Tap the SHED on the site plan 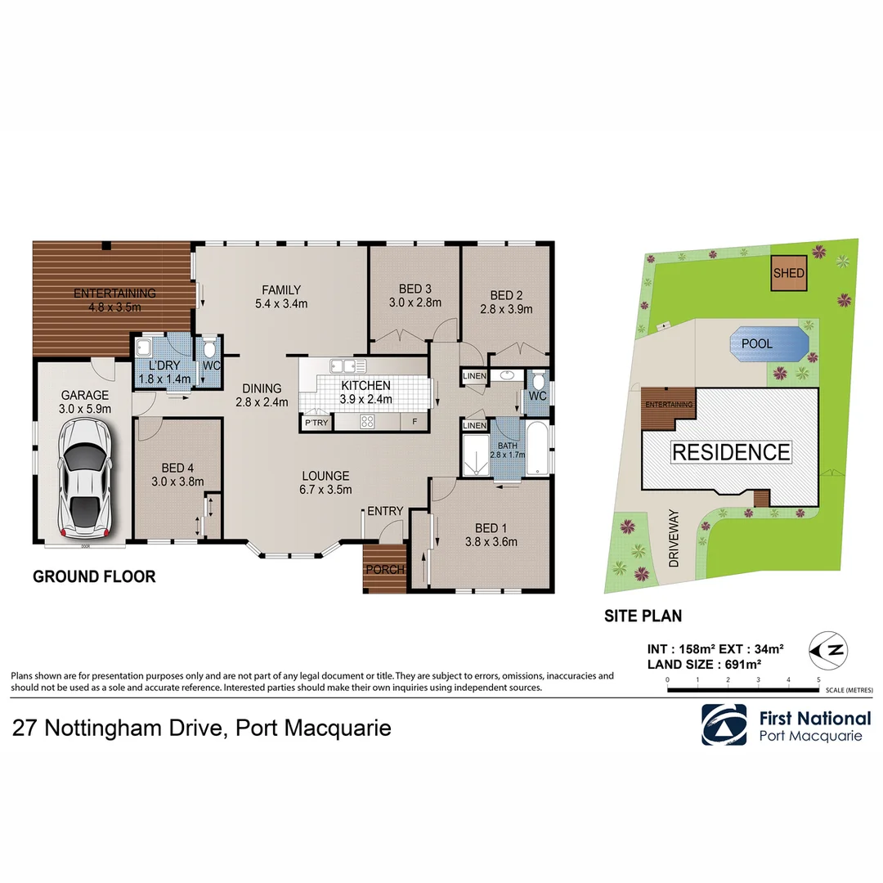tap(789, 274)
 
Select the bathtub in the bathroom tap(538, 449)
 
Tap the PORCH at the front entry tap(384, 568)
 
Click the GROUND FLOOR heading tap(94, 576)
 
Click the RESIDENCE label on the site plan tap(731, 452)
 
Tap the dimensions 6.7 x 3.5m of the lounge tap(326, 490)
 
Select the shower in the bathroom tap(476, 455)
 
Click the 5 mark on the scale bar tap(818, 679)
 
